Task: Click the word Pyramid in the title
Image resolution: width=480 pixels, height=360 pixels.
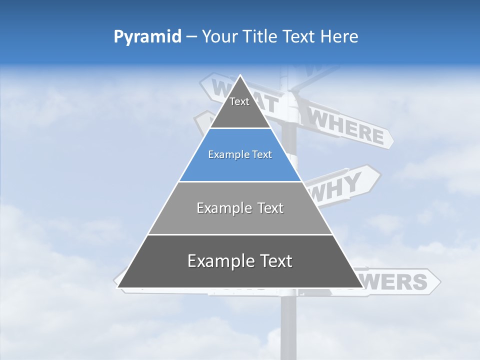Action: tap(147, 36)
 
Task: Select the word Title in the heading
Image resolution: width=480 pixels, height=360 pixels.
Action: tap(262, 36)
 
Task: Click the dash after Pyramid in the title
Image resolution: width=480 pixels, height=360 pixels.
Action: tap(191, 37)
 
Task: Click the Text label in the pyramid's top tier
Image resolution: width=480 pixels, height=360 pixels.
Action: tap(239, 101)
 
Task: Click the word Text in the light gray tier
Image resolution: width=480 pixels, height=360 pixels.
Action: tap(270, 208)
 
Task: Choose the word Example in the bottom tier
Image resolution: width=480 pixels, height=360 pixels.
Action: tap(214, 261)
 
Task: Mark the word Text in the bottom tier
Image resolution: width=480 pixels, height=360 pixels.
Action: tap(275, 261)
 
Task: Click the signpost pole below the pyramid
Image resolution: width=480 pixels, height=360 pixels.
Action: tap(288, 325)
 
